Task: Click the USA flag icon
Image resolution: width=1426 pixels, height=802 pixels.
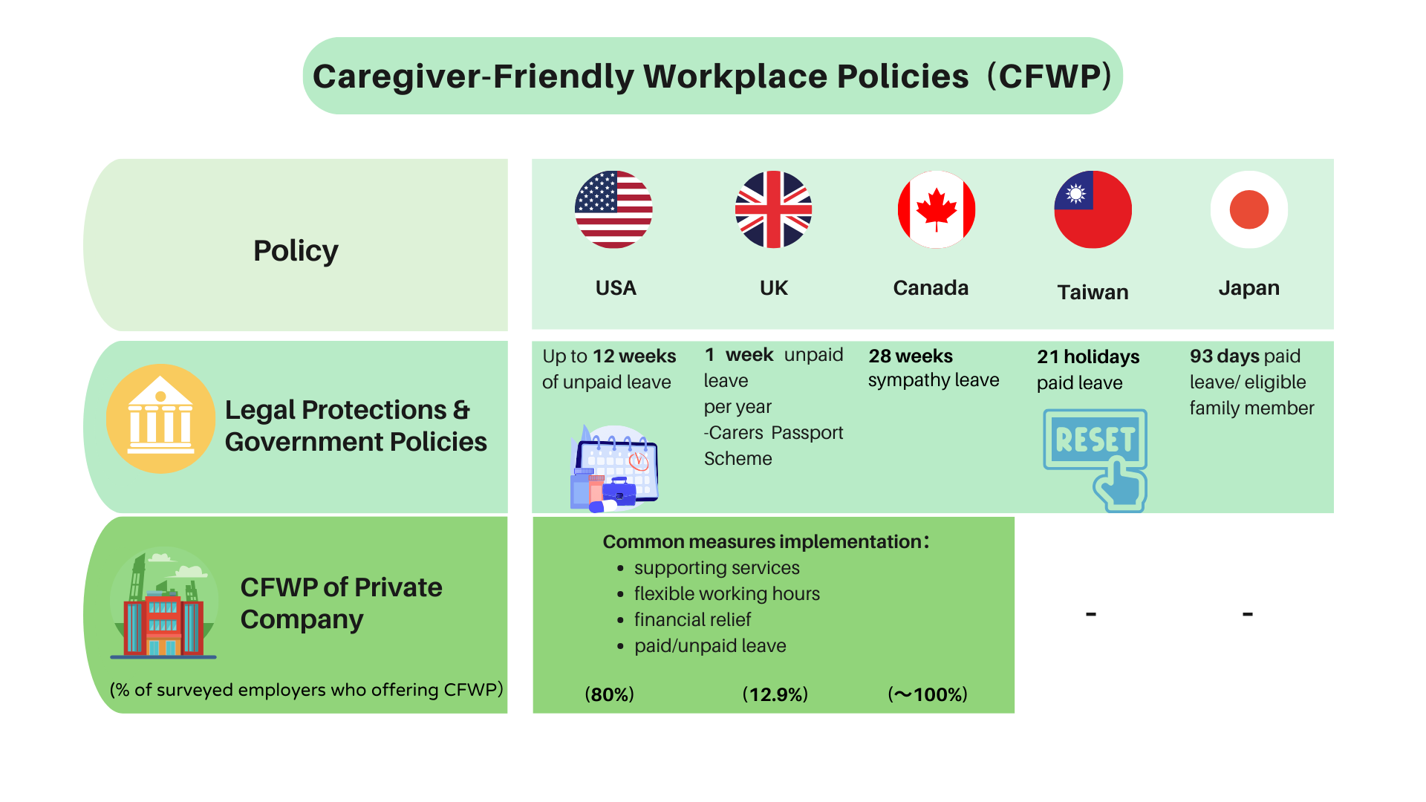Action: tap(613, 209)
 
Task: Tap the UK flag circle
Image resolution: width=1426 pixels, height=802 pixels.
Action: tap(773, 209)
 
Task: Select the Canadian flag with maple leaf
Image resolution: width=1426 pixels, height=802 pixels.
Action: tap(936, 209)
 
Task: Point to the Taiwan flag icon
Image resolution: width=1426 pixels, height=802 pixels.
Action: tap(1093, 209)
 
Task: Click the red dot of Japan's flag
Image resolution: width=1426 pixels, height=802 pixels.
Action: tap(1248, 209)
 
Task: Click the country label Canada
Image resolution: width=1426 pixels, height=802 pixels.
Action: tap(931, 287)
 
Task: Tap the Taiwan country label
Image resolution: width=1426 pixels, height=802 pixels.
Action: tap(1093, 292)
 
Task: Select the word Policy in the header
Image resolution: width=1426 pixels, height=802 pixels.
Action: tap(296, 251)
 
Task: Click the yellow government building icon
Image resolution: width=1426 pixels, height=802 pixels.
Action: tap(160, 418)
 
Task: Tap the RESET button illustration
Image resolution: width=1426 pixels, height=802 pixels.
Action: tap(1095, 459)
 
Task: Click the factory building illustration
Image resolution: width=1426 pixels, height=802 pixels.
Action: tap(164, 604)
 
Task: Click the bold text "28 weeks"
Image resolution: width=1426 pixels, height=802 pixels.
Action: tap(911, 356)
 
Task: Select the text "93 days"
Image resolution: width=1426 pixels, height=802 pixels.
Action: tap(1225, 356)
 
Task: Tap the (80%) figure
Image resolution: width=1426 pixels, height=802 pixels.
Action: tap(610, 694)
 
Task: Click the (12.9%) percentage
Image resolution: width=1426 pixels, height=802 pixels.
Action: tap(775, 694)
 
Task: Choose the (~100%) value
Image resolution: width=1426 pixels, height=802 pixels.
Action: tap(928, 694)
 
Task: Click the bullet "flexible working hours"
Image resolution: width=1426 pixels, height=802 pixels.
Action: tap(727, 594)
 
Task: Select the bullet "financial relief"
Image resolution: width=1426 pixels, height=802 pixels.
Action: tap(693, 619)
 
